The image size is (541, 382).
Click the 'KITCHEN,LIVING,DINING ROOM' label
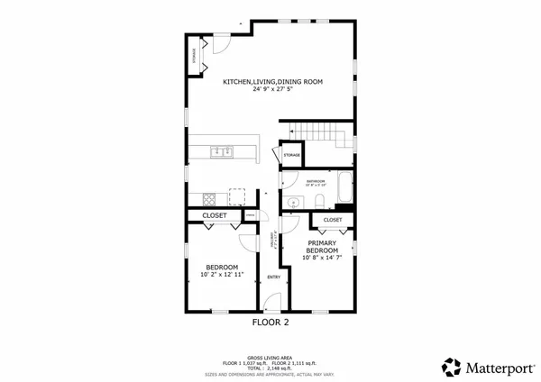tap(272, 82)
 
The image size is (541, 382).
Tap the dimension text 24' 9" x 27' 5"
tap(272, 90)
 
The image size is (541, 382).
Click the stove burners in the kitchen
tap(209, 197)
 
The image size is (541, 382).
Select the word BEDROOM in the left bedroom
tap(222, 268)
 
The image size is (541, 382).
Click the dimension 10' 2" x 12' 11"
tap(222, 276)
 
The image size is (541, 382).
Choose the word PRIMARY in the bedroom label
tap(322, 243)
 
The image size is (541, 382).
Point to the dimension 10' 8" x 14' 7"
tap(323, 259)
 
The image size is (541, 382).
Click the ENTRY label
tap(273, 277)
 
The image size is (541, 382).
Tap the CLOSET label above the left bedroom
tap(215, 215)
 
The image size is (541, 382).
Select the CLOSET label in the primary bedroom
tap(333, 220)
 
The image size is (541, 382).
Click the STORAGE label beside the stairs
tap(291, 156)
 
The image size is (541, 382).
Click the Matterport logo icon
tap(451, 367)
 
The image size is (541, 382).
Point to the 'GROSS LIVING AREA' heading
tap(270, 357)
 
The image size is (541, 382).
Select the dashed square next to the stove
tap(237, 196)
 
